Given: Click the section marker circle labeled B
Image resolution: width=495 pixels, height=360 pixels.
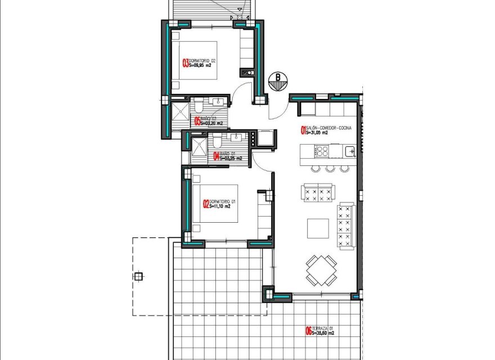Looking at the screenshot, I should point(277,79).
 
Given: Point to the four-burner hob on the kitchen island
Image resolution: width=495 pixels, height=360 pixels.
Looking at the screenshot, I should point(323,151).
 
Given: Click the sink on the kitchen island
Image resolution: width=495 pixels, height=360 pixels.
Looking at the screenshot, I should point(349,150).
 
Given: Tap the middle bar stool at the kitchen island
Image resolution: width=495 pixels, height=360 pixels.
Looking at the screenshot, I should point(330,168).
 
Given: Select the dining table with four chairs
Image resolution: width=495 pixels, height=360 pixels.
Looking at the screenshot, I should point(322,269).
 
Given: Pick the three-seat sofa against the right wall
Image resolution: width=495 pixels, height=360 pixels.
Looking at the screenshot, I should point(346,226).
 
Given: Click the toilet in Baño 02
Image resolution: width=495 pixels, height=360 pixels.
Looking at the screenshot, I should point(199,105).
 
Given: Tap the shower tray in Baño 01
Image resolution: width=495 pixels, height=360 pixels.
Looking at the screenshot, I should point(199,150).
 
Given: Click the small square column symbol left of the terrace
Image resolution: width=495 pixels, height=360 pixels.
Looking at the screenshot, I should point(139,276).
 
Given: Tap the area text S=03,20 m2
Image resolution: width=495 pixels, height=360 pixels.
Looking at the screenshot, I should point(212,123).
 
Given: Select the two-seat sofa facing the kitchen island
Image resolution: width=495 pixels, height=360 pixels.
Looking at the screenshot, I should point(318,193).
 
